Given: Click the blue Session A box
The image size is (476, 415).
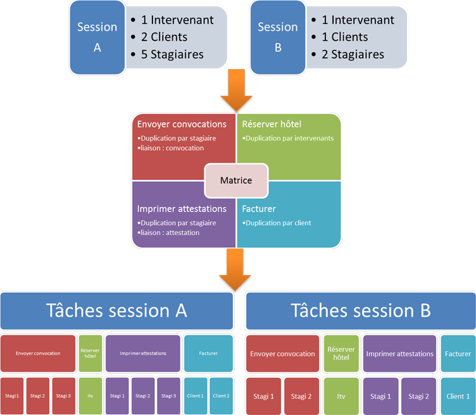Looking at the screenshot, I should pos(97,37).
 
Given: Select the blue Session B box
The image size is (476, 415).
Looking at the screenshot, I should pos(278,37).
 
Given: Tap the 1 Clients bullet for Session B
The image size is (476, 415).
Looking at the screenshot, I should pos(344,37).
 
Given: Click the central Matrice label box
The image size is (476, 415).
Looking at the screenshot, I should pos(236,181).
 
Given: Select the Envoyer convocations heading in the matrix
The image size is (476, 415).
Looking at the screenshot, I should pos(182,124).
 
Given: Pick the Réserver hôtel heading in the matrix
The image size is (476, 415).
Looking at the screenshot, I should pos(272,124).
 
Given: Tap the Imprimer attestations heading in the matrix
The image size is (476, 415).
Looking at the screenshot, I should pos(182,209).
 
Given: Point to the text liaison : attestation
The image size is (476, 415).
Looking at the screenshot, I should pos(171,233).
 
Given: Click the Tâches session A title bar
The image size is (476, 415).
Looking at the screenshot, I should pos(116,310).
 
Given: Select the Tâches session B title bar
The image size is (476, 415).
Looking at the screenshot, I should pos(360,310).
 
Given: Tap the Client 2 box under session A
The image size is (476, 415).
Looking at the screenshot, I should pos(222,396).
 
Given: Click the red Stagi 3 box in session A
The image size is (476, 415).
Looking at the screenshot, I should pos(63,396).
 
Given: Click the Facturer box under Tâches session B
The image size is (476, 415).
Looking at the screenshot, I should pos(458,354).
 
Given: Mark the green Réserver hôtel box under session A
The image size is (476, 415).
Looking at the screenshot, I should pos(91,353).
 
